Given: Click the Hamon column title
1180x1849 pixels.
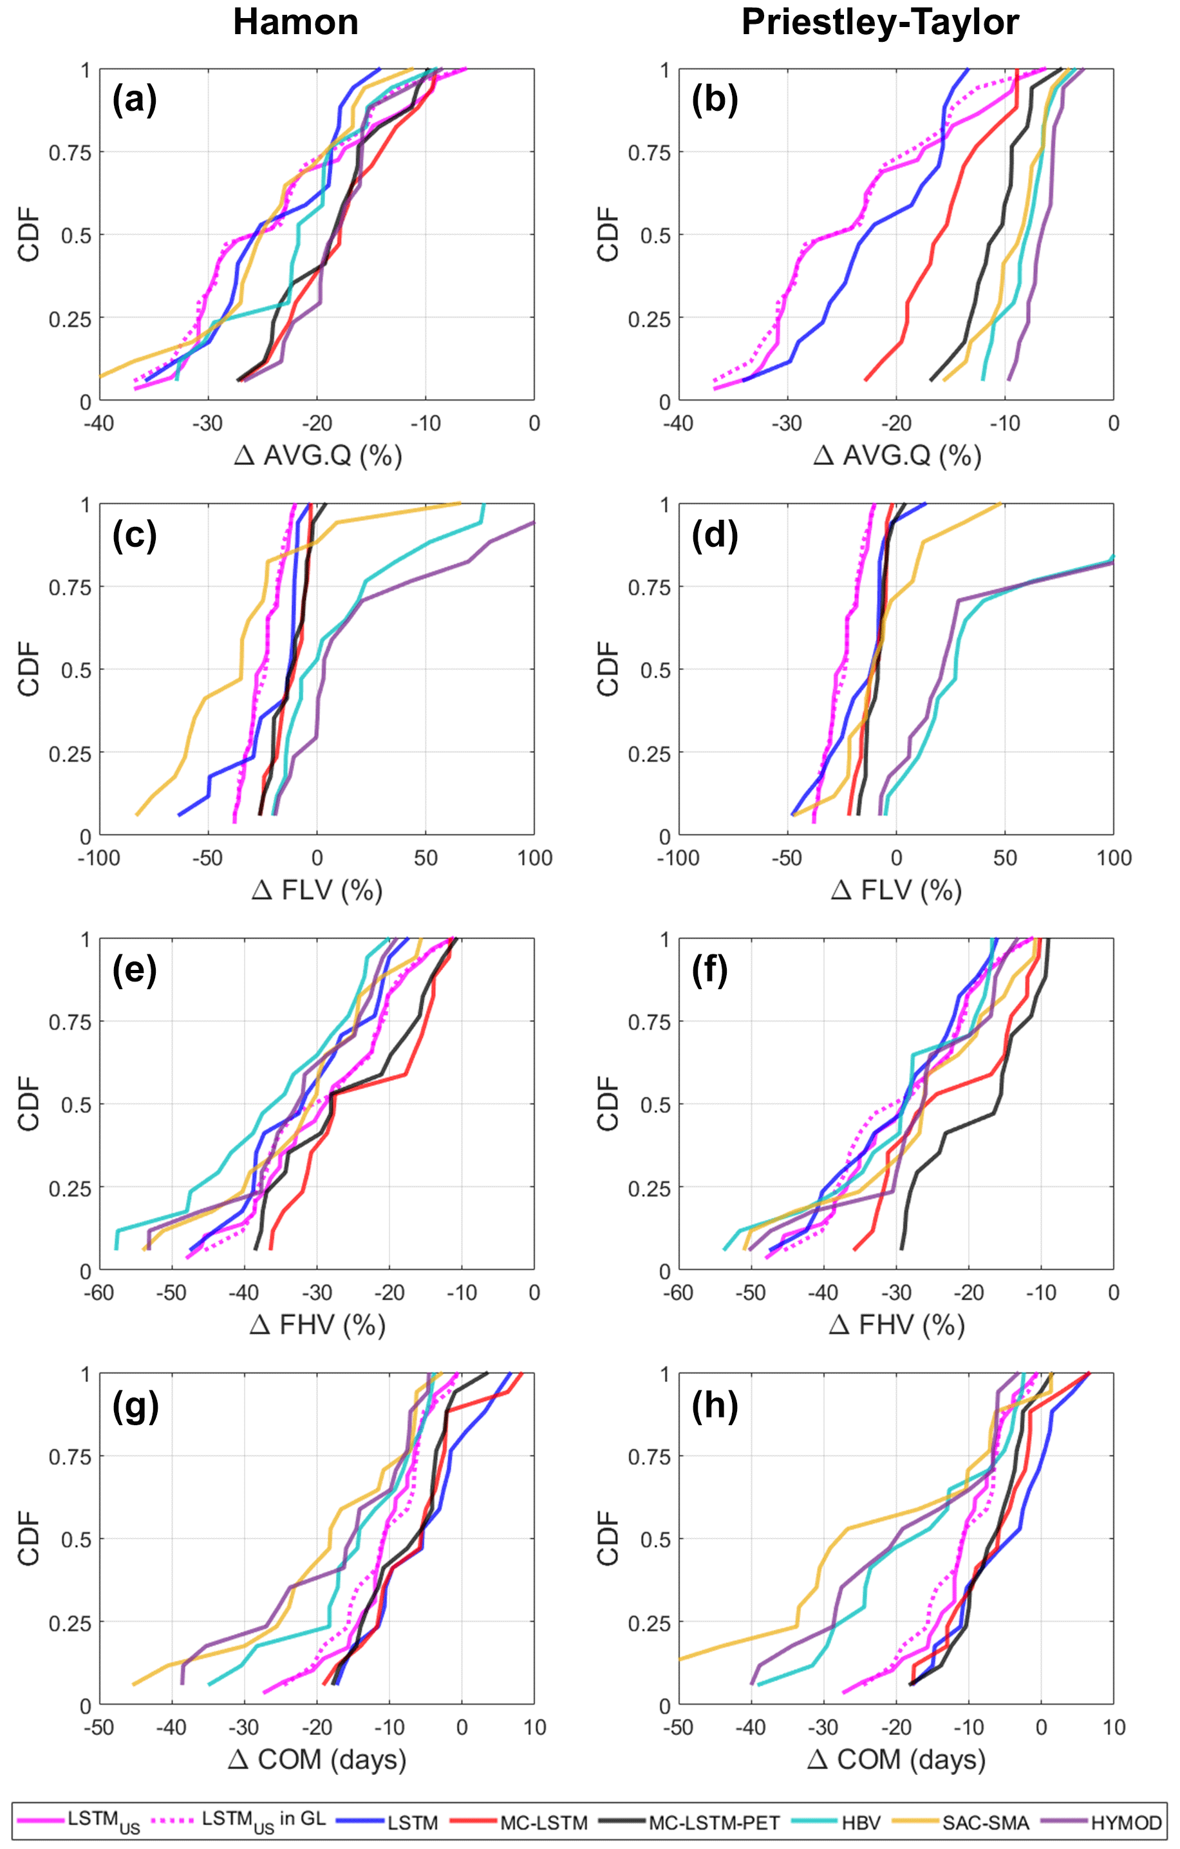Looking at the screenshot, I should [295, 23].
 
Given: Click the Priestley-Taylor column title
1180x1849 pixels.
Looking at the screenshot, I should [880, 23].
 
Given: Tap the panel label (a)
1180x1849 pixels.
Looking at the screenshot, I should [135, 100].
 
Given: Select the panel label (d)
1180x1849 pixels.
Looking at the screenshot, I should [714, 535].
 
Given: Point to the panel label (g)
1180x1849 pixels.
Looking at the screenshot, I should [135, 1405].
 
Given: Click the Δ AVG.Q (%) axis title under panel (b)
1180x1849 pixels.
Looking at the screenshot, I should [897, 456].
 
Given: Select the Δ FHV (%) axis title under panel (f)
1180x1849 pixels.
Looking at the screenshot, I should [897, 1325].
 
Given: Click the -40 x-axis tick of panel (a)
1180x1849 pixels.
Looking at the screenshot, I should [98, 423].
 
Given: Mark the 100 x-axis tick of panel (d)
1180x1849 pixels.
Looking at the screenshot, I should [1113, 858].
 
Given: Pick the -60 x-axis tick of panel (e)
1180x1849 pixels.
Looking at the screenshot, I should [98, 1293].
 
